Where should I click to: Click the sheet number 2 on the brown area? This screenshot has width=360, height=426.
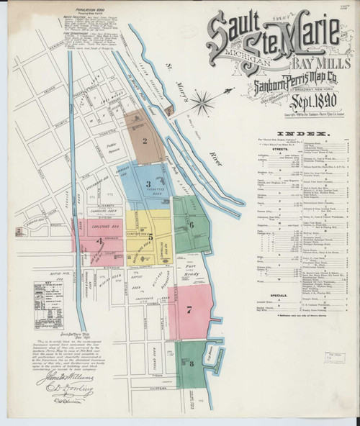tap(145, 142)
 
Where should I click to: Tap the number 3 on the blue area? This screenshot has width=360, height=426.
tap(148, 184)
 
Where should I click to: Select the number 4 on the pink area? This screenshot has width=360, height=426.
tap(99, 241)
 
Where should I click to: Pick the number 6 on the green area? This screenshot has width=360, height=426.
tap(192, 225)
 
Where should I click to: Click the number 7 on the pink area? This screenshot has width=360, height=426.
tap(189, 310)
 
